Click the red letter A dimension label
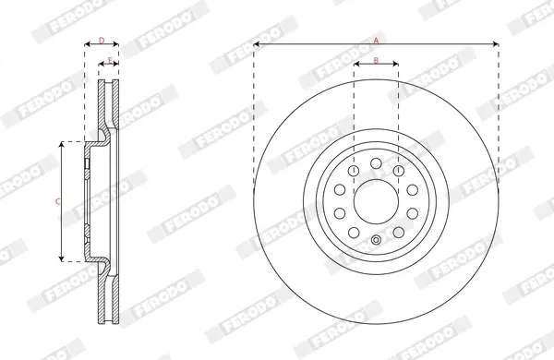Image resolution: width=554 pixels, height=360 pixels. coord(377,41)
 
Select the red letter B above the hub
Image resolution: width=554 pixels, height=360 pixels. coord(376,60)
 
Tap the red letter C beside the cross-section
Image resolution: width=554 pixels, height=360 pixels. coord(57,202)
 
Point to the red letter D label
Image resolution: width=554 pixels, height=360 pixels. coord(102,41)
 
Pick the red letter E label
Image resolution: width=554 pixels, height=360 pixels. coord(110,60)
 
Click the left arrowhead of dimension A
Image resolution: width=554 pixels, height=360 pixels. coord(257,44)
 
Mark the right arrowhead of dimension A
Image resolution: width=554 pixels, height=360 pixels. coord(496,44)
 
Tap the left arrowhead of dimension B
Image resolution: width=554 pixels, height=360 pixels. coord(356,64)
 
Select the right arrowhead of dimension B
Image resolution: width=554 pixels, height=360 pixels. coord(395,64)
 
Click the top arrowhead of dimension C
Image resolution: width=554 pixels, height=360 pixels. coord(62,145)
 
